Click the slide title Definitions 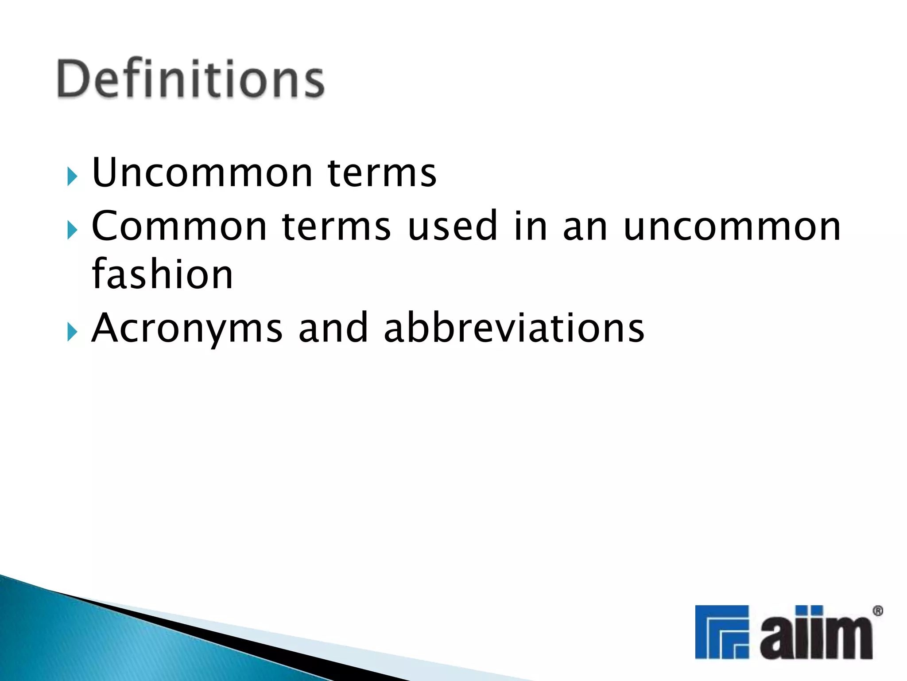pyautogui.click(x=191, y=78)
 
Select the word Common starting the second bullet pyautogui.click(x=179, y=226)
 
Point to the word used pyautogui.click(x=452, y=226)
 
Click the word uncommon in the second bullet pyautogui.click(x=732, y=227)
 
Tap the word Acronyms pyautogui.click(x=186, y=329)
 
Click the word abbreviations pyautogui.click(x=514, y=328)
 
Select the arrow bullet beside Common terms pyautogui.click(x=72, y=230)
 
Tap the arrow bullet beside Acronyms pyautogui.click(x=72, y=332)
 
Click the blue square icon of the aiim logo pyautogui.click(x=721, y=632)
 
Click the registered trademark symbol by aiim pyautogui.click(x=877, y=611)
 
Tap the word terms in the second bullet pyautogui.click(x=336, y=226)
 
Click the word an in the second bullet pyautogui.click(x=585, y=227)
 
